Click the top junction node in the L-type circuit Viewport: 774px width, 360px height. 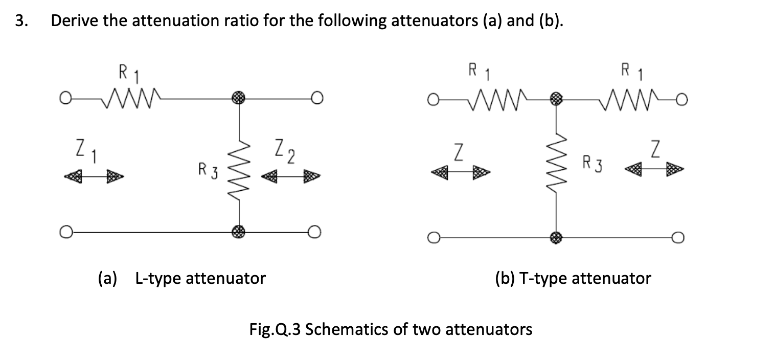(x=239, y=99)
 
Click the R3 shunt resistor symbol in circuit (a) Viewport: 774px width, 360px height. (x=239, y=165)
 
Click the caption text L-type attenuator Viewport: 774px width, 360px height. (x=200, y=279)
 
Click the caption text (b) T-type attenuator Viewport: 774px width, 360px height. (x=573, y=279)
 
